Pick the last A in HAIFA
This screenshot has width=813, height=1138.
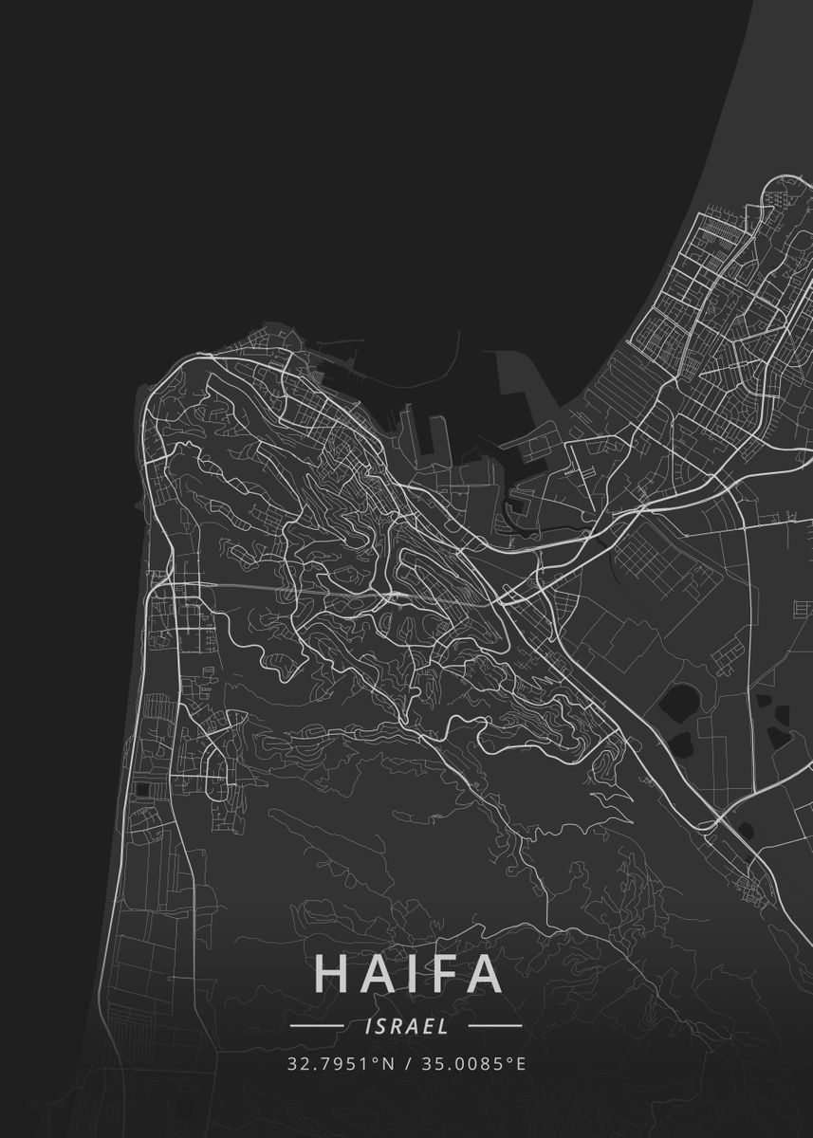click(483, 974)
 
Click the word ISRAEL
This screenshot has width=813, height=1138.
click(406, 1025)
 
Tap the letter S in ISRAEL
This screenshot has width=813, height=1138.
click(378, 1025)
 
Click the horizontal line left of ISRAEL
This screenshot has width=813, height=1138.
click(317, 1025)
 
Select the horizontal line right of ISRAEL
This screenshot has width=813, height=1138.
click(495, 1025)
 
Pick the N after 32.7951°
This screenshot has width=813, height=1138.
click(388, 1063)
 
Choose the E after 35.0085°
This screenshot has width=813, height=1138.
click(520, 1063)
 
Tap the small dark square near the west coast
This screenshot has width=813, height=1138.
click(142, 789)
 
